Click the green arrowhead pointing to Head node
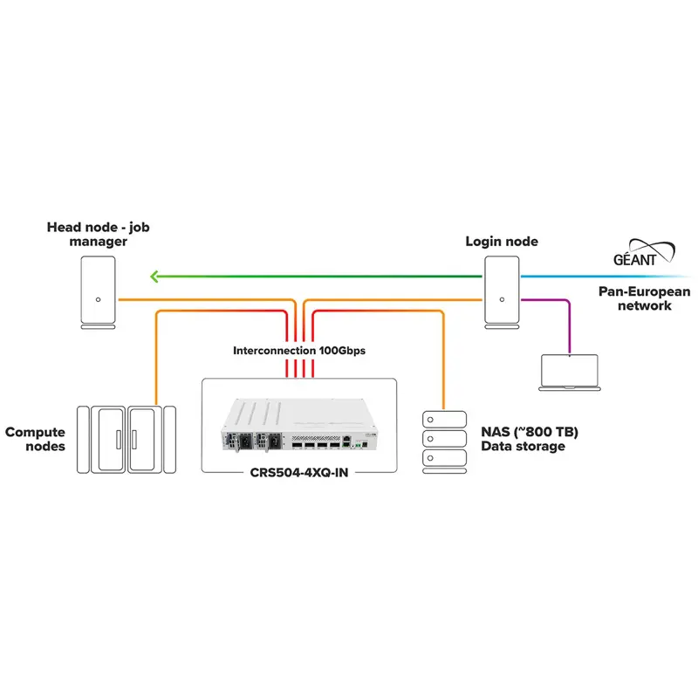coord(155,277)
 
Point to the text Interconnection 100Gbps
coord(299,351)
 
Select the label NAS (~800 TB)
coord(530,431)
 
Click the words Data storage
coord(523,447)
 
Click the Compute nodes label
coord(35,439)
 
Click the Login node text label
coord(503,241)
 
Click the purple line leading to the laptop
coord(570,323)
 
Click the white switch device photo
coord(298,428)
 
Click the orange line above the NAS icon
coord(444,366)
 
